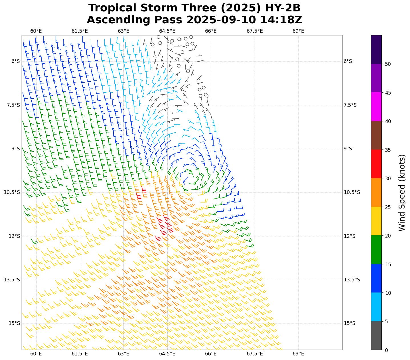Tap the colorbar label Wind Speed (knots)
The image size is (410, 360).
402,193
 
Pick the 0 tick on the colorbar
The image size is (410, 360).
386,350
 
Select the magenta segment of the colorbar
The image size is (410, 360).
376,107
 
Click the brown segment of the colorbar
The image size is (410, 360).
376,136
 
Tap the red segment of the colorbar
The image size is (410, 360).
376,164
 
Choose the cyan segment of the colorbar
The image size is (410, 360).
376,307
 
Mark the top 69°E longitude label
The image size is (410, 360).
298,31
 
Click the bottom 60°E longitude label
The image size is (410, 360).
36,354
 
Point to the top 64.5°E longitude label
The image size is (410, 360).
167,31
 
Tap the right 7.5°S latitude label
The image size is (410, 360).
350,105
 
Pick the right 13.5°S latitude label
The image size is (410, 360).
352,280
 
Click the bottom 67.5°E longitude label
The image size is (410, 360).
255,354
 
